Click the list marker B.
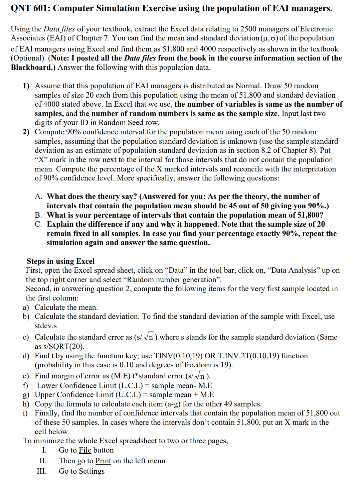pyautogui.click(x=38, y=215)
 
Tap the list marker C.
pyautogui.click(x=38, y=224)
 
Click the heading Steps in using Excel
pyautogui.click(x=60, y=261)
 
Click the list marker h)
pyautogui.click(x=26, y=404)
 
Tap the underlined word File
pyautogui.click(x=85, y=450)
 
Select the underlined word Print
pyautogui.click(x=103, y=461)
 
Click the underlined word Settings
pyautogui.click(x=92, y=471)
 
